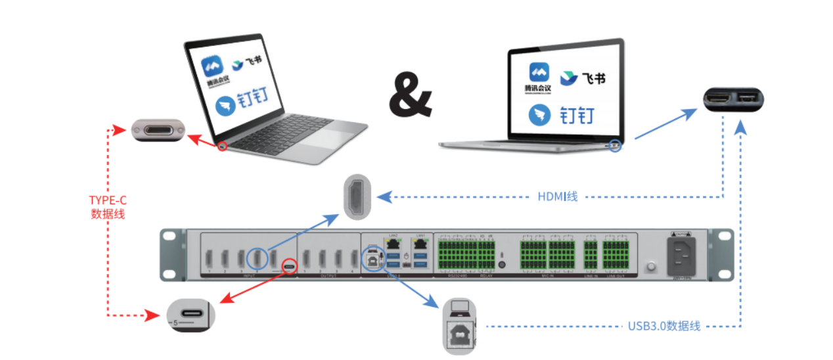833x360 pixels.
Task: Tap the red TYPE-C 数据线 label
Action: point(107,206)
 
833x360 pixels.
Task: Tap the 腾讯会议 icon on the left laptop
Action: point(213,70)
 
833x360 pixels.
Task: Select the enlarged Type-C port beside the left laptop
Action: point(158,130)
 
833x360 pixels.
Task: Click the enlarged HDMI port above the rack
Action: point(357,196)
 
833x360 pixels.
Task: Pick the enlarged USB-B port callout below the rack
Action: point(460,326)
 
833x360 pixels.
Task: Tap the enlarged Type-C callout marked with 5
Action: point(191,315)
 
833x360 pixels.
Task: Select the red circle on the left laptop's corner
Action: point(223,145)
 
